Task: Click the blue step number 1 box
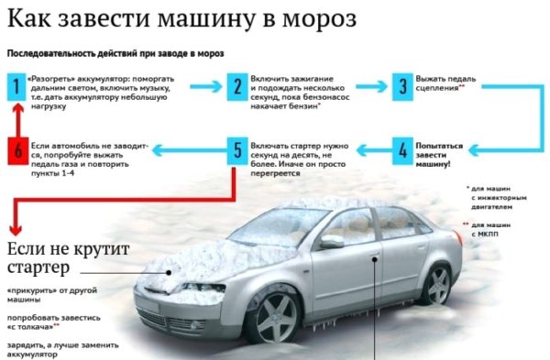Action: click(16, 87)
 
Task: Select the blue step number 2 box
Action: click(237, 87)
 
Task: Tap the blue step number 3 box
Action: click(402, 87)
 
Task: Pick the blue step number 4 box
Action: click(402, 151)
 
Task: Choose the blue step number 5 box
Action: click(237, 151)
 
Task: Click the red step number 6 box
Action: click(18, 151)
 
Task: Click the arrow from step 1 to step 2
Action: click(206, 87)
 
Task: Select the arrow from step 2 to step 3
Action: click(371, 87)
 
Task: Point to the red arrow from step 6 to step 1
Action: click(18, 119)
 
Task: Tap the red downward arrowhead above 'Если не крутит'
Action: click(16, 230)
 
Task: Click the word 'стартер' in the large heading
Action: click(38, 267)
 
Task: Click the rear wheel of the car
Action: click(437, 285)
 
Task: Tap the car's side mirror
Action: click(332, 242)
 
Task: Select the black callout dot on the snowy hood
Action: click(169, 272)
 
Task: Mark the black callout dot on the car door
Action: click(375, 259)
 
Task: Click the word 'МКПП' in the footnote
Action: click(484, 235)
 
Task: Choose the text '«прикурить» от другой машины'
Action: click(52, 295)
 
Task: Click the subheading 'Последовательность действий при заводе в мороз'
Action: click(115, 54)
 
